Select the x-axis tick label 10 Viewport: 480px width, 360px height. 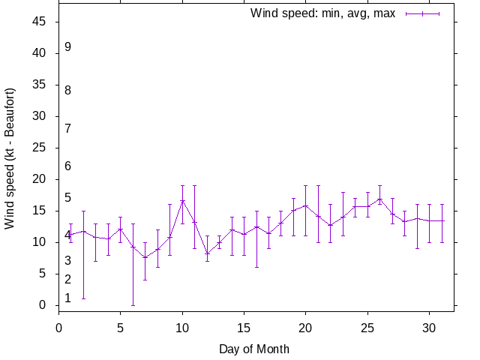tap(182, 326)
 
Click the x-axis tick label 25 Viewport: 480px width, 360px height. tap(367, 326)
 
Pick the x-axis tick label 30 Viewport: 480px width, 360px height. tap(428, 326)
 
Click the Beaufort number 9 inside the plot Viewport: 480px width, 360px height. tap(67, 47)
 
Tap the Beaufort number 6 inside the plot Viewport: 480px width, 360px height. tap(67, 166)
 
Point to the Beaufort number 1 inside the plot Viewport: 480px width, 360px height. tap(67, 298)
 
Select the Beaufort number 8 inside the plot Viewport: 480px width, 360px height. tap(67, 91)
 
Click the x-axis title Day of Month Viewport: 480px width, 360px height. tap(254, 349)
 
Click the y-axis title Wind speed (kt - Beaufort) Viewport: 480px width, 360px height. tap(10, 158)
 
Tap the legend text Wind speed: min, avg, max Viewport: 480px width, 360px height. tap(322, 13)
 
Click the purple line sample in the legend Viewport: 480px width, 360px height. tap(422, 13)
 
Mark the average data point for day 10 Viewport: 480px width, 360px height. tap(182, 200)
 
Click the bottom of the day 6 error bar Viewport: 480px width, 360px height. tap(133, 305)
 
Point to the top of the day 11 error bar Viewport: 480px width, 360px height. tap(194, 185)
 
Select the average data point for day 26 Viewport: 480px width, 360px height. tap(379, 199)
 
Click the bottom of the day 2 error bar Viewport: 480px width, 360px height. tap(83, 298)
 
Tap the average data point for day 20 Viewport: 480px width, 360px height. tap(305, 205)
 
